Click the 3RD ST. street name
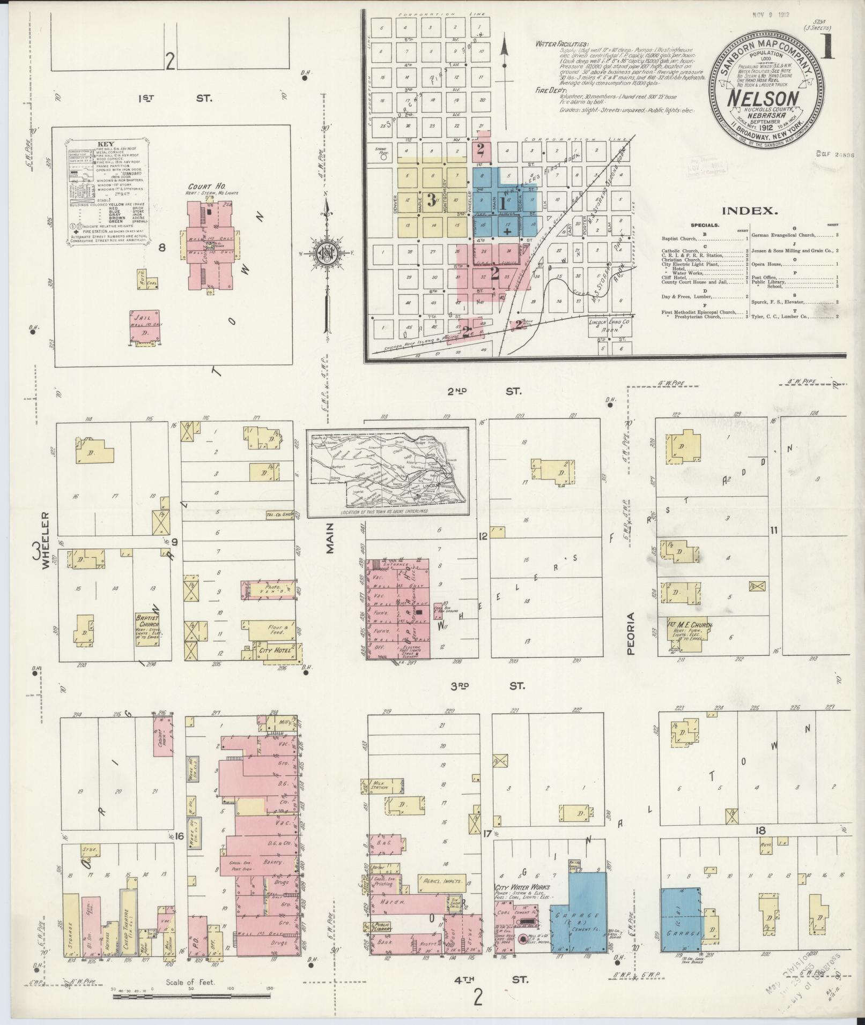(484, 685)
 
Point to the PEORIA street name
(630, 634)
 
